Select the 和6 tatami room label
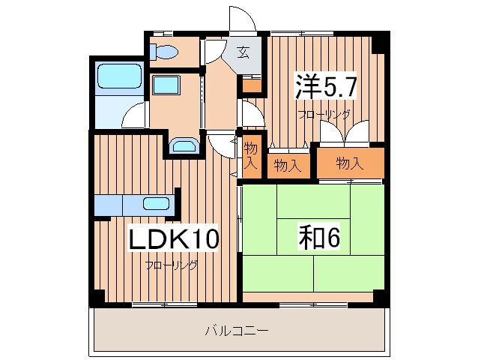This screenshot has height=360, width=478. point(315,238)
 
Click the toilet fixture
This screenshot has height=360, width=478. point(163,52)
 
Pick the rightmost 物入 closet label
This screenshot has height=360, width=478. point(349,163)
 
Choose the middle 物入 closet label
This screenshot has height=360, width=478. point(287,165)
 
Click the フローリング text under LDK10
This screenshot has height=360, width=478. point(172,265)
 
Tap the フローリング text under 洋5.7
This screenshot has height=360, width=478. point(324,115)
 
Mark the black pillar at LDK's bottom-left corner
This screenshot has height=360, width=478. point(96,298)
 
